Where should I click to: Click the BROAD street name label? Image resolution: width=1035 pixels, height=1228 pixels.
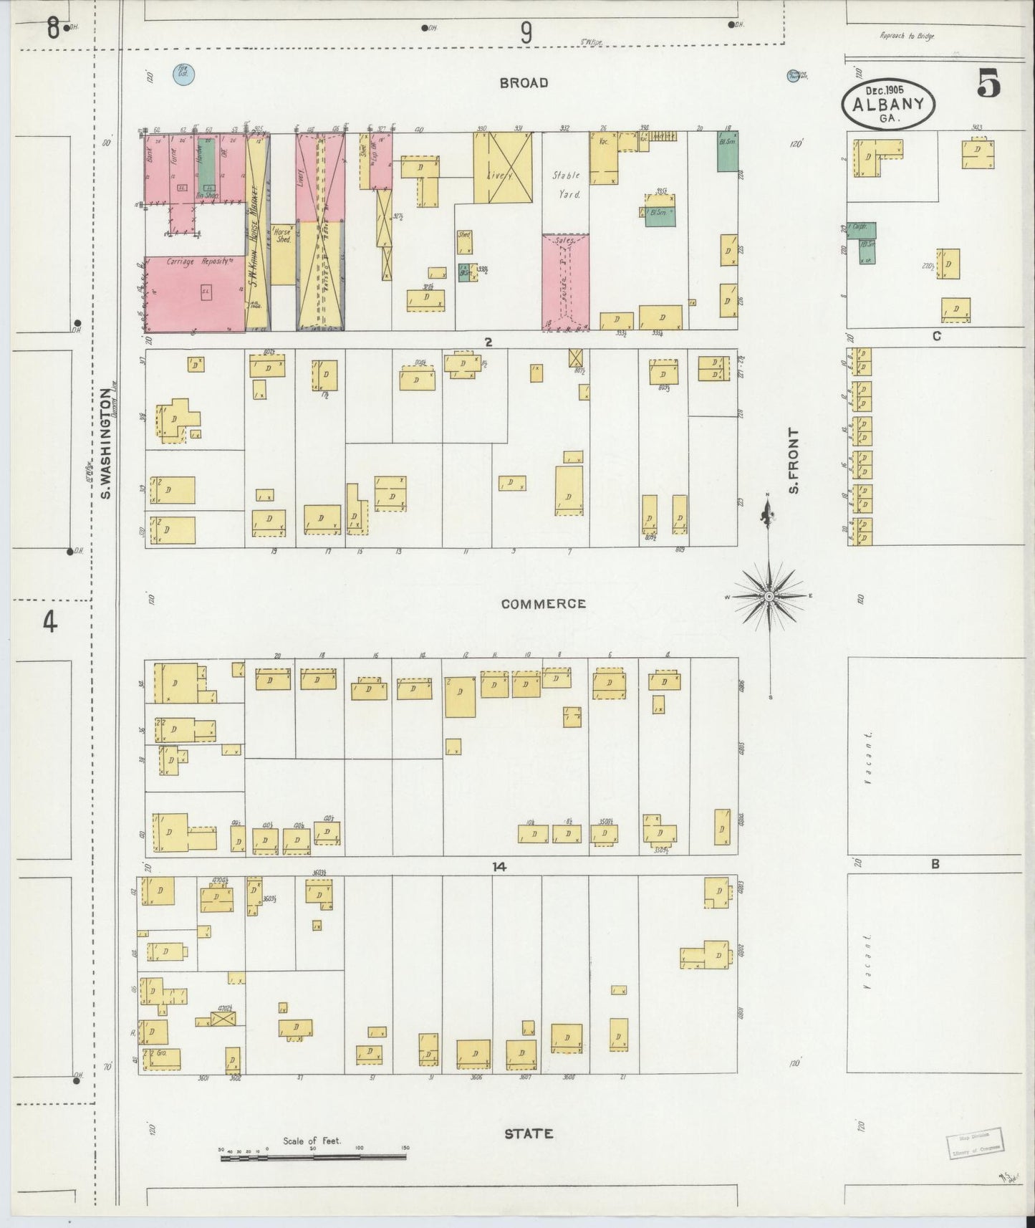pos(524,83)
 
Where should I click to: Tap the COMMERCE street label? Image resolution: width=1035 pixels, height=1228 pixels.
pos(543,604)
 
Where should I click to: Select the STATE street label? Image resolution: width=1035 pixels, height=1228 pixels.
pos(528,1133)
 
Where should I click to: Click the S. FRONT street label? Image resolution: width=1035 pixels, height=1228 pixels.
pos(793,461)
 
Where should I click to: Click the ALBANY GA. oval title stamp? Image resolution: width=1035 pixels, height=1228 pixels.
pos(888,105)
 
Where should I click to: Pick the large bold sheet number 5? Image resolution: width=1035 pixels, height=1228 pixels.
pos(988,85)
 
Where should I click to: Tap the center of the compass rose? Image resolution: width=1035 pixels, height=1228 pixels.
pos(769,596)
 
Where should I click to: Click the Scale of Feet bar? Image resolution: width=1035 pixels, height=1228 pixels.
pos(313,1156)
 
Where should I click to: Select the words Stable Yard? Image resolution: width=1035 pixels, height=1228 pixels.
pos(565,184)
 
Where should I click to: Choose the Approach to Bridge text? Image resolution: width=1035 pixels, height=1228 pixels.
pos(908,36)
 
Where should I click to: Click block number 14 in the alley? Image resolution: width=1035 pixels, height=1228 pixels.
pos(499,867)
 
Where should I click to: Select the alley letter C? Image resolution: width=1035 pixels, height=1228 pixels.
pos(936,336)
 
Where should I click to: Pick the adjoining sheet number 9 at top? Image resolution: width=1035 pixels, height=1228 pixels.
pos(526,32)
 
